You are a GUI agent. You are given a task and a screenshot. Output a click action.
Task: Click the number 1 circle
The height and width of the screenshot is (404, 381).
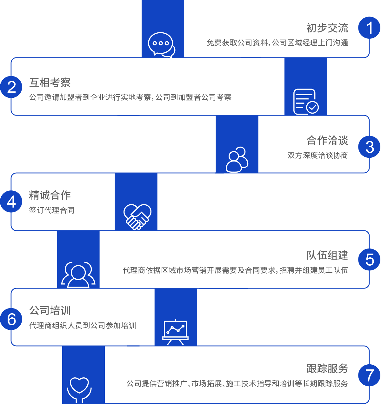click(x=369, y=28)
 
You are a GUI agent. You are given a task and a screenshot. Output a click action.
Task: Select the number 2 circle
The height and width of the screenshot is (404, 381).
click(x=11, y=87)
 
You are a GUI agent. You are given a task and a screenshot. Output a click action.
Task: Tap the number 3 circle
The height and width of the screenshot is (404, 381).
click(x=369, y=147)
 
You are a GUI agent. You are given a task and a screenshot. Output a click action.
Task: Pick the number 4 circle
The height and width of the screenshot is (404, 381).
click(x=11, y=202)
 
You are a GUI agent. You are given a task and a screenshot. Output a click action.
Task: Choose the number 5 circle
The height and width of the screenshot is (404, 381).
click(x=369, y=259)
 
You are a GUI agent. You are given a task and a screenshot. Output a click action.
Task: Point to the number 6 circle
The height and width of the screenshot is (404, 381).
click(x=11, y=319)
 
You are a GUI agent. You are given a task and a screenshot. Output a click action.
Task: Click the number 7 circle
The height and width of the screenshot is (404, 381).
click(x=369, y=375)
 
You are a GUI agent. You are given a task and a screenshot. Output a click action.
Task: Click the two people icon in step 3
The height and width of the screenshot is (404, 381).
click(x=237, y=159)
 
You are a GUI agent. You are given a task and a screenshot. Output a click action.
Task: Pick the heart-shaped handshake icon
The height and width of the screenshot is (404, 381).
click(x=137, y=217)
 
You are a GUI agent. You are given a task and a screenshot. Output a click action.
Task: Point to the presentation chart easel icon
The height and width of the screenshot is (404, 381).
click(x=175, y=332)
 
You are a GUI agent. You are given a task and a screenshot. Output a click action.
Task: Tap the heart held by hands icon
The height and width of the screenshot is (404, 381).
click(x=79, y=389)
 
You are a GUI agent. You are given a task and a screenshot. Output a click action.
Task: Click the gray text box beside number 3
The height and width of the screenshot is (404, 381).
click(x=317, y=148)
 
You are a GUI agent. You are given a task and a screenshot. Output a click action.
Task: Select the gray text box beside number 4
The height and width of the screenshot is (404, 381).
click(x=53, y=202)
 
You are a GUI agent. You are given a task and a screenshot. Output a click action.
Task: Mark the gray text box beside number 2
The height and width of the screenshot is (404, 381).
click(x=131, y=86)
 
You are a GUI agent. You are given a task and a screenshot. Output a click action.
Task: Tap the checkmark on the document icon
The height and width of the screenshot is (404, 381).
click(x=313, y=107)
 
